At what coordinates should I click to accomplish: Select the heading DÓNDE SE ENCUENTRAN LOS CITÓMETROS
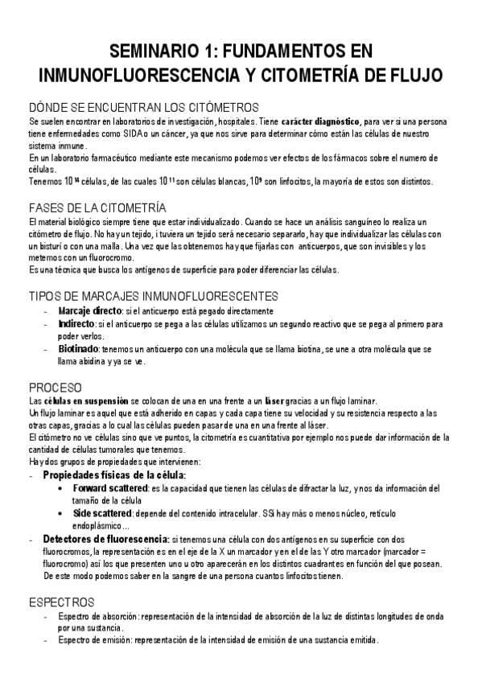143,107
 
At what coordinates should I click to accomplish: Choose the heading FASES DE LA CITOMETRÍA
97,207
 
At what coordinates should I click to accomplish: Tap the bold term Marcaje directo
89,310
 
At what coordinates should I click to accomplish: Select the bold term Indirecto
76,323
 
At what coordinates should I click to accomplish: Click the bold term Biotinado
77,350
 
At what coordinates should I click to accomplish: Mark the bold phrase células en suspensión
89,401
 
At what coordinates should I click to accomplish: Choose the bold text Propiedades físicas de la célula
114,475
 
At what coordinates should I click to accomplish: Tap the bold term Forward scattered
110,488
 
